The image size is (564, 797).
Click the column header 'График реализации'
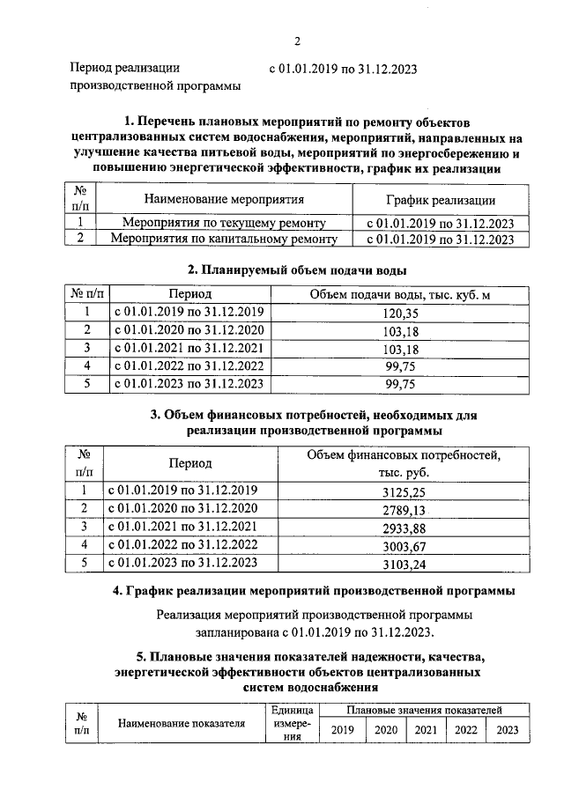tap(441, 200)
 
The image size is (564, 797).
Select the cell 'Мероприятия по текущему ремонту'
tap(224, 223)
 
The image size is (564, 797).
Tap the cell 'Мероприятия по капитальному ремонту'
tap(224, 239)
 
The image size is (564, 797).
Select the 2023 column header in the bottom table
tap(508, 729)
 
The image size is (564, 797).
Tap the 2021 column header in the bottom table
tap(426, 729)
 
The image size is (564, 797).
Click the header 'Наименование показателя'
tap(181, 723)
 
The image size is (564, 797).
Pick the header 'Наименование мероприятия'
tap(224, 200)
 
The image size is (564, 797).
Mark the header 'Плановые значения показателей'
tap(424, 709)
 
